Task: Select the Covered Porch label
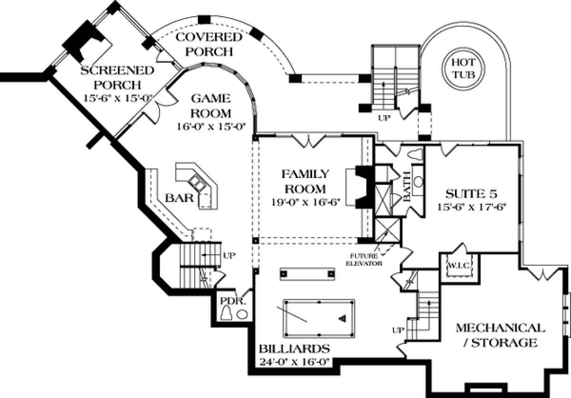[209, 44]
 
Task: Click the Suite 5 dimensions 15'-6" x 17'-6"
[470, 207]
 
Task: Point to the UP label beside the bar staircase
[229, 255]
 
